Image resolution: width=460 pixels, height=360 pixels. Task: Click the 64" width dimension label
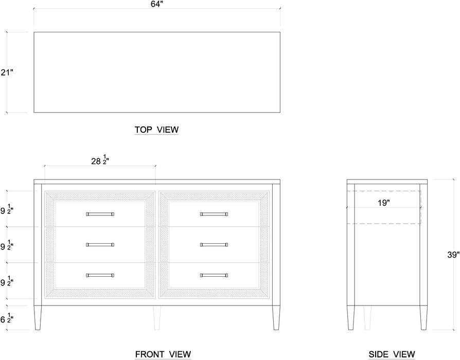[157, 4]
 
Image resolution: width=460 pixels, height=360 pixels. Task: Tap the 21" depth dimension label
[7, 73]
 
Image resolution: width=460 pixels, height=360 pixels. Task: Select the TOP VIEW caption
[156, 130]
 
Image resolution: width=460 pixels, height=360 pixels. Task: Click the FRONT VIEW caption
[163, 354]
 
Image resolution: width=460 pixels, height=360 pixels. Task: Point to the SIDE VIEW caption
[392, 354]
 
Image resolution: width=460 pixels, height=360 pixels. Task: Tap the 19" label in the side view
[384, 203]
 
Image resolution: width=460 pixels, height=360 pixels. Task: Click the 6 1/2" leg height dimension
[7, 318]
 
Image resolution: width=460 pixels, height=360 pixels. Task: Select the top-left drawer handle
[100, 214]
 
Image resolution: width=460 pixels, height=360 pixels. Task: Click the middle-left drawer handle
[100, 245]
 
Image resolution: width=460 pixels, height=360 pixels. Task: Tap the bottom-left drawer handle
[100, 275]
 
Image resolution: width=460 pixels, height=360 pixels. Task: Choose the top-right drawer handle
[214, 214]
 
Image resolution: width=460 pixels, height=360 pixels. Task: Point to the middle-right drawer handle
[214, 245]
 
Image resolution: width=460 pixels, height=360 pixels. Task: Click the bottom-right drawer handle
[214, 275]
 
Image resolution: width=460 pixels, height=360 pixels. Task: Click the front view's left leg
[38, 318]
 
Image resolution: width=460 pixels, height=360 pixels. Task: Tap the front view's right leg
[276, 318]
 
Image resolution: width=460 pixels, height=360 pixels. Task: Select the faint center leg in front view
[157, 318]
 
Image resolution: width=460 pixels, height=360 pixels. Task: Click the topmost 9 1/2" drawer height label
[7, 209]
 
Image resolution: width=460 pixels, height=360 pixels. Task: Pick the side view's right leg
[423, 318]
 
